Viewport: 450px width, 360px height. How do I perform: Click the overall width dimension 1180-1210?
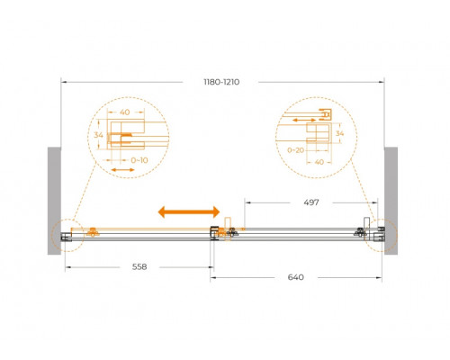pyautogui.click(x=221, y=82)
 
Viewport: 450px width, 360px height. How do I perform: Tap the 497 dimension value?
pyautogui.click(x=311, y=202)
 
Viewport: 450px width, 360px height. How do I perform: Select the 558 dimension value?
pyautogui.click(x=139, y=266)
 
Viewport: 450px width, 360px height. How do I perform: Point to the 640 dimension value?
pyautogui.click(x=296, y=277)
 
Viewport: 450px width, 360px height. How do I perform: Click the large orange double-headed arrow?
pyautogui.click(x=189, y=211)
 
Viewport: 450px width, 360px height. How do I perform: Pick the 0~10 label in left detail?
pyautogui.click(x=139, y=160)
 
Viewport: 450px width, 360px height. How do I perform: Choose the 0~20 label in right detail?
pyautogui.click(x=296, y=150)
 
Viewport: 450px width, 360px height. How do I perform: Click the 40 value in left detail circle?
pyautogui.click(x=125, y=112)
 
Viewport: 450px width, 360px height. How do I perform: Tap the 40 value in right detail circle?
pyautogui.click(x=319, y=162)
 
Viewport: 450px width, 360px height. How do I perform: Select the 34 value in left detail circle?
pyautogui.click(x=98, y=135)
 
